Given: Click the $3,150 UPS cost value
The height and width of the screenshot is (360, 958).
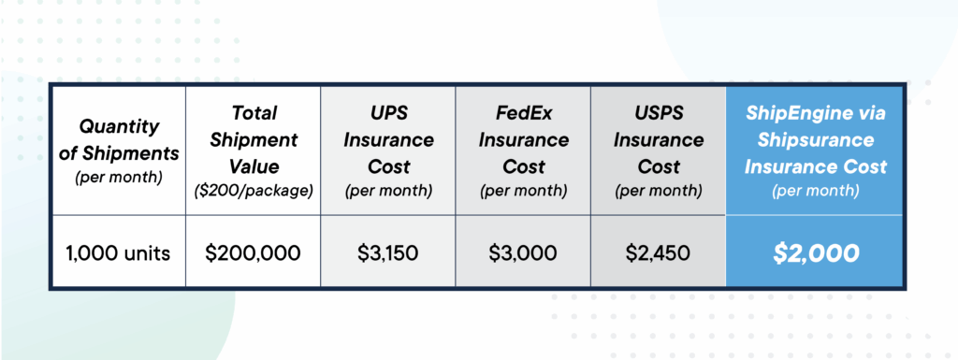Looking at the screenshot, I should pyautogui.click(x=388, y=252).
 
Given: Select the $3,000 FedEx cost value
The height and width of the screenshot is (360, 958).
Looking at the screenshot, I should pyautogui.click(x=523, y=252).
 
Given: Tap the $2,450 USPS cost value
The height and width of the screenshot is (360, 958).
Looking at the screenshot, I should pyautogui.click(x=659, y=252).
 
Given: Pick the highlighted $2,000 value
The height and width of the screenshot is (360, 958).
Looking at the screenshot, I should pyautogui.click(x=815, y=252).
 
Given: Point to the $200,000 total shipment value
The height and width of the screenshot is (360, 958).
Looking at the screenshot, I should pyautogui.click(x=253, y=252).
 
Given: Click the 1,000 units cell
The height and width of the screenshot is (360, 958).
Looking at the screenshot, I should pyautogui.click(x=118, y=252).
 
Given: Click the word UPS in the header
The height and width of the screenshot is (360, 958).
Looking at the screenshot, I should pyautogui.click(x=388, y=115).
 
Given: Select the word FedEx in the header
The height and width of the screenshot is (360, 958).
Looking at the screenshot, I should pyautogui.click(x=523, y=115).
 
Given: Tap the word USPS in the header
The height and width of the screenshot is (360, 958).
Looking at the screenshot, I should pyautogui.click(x=659, y=115).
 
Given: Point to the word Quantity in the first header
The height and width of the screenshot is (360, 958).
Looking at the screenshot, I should pyautogui.click(x=118, y=126).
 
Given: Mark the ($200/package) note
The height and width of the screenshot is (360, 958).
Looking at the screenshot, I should pyautogui.click(x=253, y=192).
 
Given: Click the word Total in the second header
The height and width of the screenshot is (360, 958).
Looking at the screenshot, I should pyautogui.click(x=253, y=113).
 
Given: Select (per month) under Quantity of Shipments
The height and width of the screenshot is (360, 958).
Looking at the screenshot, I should pyautogui.click(x=118, y=177).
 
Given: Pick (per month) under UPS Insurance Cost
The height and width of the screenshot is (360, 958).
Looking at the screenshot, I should pyautogui.click(x=388, y=191).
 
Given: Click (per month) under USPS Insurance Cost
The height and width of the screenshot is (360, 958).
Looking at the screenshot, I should pyautogui.click(x=659, y=191).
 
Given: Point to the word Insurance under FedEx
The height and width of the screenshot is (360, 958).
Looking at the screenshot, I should pyautogui.click(x=523, y=140).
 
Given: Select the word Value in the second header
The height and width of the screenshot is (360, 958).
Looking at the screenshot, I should pyautogui.click(x=253, y=166).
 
